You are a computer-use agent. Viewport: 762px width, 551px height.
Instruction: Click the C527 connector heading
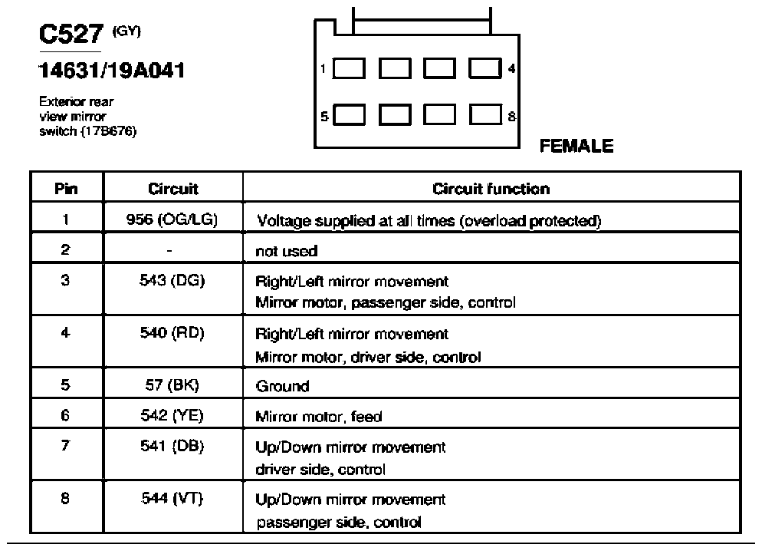pyautogui.click(x=71, y=34)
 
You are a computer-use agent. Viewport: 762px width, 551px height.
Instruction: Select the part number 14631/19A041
pyautogui.click(x=111, y=71)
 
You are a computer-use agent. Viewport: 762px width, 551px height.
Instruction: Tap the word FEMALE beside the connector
pyautogui.click(x=576, y=146)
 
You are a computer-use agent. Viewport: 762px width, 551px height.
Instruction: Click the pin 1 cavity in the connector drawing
pyautogui.click(x=349, y=68)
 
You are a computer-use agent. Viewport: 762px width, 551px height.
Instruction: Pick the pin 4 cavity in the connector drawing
pyautogui.click(x=485, y=68)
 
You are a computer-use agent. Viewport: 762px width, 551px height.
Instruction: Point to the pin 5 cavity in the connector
pyautogui.click(x=349, y=115)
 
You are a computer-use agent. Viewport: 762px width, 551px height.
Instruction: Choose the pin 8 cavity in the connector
pyautogui.click(x=485, y=115)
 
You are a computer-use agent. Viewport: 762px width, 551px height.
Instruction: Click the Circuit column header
pyautogui.click(x=173, y=189)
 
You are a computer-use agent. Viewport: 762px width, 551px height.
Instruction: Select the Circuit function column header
pyautogui.click(x=491, y=189)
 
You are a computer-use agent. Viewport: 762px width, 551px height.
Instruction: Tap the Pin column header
pyautogui.click(x=66, y=189)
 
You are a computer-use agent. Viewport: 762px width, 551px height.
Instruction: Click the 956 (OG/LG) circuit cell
pyautogui.click(x=172, y=219)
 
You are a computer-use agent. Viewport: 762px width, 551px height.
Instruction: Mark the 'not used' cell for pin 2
pyautogui.click(x=286, y=251)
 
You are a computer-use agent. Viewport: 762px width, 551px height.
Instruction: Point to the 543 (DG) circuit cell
pyautogui.click(x=172, y=281)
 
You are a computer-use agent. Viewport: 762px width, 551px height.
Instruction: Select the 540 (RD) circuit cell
pyautogui.click(x=172, y=333)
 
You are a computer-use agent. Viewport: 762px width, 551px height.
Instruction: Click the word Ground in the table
pyautogui.click(x=282, y=386)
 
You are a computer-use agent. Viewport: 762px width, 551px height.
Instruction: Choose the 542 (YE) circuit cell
pyautogui.click(x=172, y=415)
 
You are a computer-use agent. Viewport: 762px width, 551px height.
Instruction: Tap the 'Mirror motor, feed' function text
pyautogui.click(x=319, y=417)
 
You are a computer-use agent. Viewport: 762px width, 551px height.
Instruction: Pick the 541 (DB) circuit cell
pyautogui.click(x=172, y=446)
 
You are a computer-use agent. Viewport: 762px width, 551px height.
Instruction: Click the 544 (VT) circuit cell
pyautogui.click(x=172, y=499)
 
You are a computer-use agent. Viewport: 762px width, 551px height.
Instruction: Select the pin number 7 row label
pyautogui.click(x=65, y=445)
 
